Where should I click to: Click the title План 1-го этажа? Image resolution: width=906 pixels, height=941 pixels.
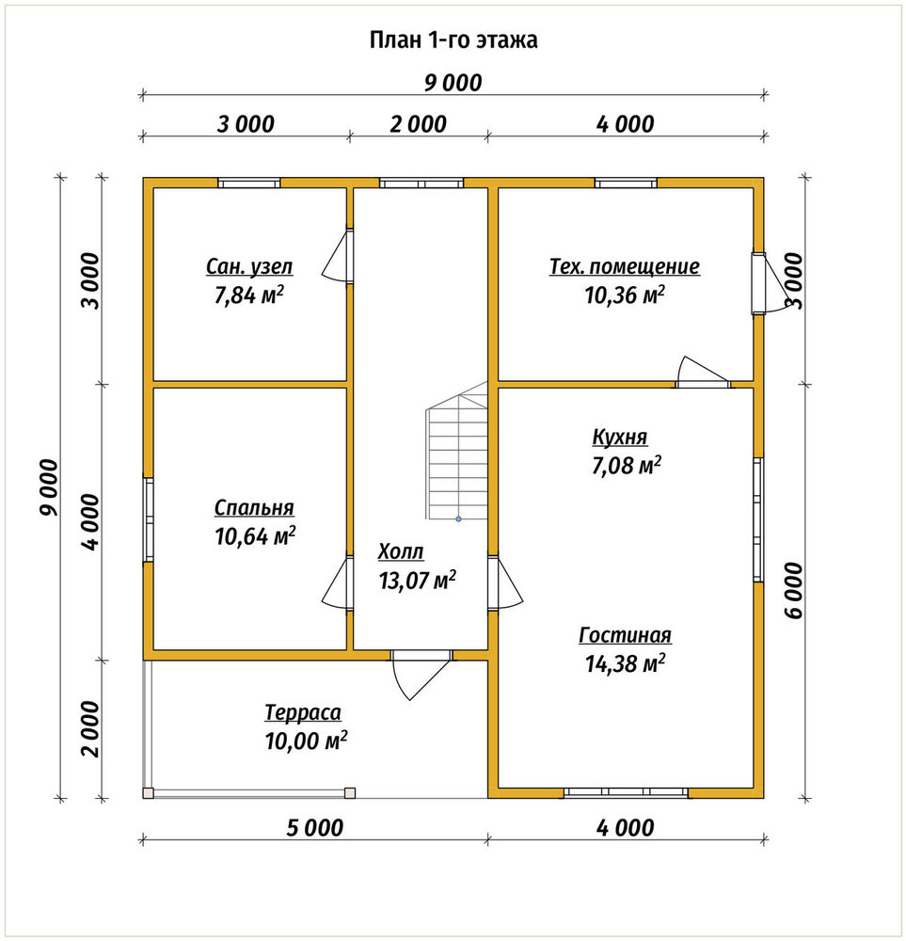453,40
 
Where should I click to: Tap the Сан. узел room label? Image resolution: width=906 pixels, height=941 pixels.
249,266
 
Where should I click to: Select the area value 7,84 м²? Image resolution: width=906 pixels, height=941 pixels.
249,295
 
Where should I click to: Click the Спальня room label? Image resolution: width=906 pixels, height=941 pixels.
254,508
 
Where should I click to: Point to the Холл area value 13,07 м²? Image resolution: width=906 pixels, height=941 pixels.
417,580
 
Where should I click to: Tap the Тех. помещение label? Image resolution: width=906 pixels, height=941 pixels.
625,266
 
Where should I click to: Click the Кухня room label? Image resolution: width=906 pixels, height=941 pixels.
620,437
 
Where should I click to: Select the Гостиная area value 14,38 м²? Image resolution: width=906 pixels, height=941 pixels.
626,663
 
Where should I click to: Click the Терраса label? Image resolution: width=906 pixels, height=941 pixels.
303,712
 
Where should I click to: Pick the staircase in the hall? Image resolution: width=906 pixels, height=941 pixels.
457,450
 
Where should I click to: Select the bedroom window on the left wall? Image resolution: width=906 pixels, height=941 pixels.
149,519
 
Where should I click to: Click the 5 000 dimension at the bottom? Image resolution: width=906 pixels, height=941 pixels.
314,828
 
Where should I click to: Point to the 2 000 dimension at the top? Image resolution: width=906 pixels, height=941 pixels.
419,125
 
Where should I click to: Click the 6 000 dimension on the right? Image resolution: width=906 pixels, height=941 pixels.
793,591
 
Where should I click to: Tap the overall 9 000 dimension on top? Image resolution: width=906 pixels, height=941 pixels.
453,83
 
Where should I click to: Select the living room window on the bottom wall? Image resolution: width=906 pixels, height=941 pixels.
626,792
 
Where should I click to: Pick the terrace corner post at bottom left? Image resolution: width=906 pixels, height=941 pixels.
149,792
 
